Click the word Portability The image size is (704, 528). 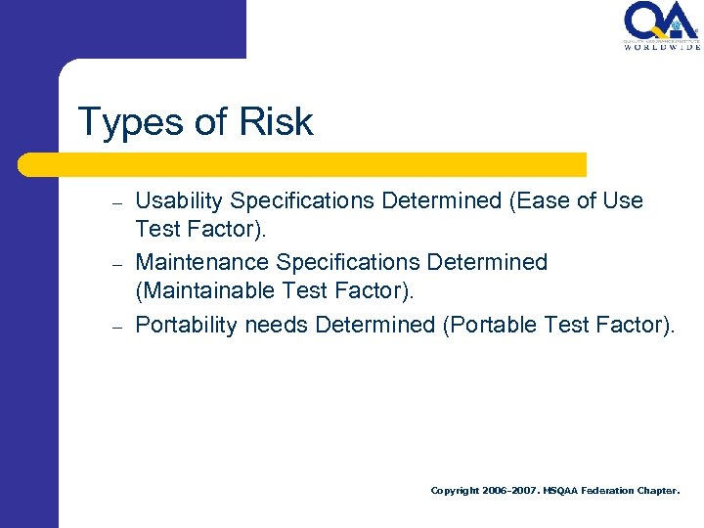point(186,326)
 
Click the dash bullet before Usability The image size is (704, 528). point(115,204)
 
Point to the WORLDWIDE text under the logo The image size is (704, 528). point(662,46)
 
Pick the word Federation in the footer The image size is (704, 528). point(608,491)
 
